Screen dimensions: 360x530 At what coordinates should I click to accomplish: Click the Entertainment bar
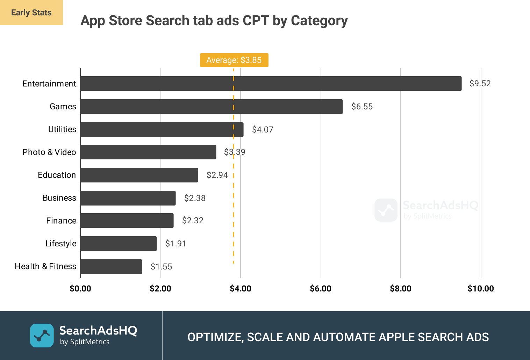point(271,84)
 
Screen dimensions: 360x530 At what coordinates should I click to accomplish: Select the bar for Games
point(212,107)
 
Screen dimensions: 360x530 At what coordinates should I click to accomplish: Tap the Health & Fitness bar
point(111,267)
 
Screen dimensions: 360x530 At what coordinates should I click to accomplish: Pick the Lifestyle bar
point(119,244)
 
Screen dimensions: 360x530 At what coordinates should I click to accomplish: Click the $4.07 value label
point(263,130)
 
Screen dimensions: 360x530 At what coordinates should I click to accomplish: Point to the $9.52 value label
point(480,84)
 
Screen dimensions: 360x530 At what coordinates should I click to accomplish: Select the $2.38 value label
point(195,198)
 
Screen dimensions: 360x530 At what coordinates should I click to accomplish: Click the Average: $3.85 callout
point(234,60)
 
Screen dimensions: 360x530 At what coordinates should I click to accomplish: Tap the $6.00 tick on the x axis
point(321,289)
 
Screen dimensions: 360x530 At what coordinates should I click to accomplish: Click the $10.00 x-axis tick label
point(481,289)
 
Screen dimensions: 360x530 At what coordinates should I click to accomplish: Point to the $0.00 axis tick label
point(80,289)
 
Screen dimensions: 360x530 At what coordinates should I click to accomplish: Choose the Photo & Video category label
point(49,152)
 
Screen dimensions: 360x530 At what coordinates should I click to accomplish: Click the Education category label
point(57,175)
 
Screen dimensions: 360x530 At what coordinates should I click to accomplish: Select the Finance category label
point(61,221)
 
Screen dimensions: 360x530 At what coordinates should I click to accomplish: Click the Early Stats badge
point(31,13)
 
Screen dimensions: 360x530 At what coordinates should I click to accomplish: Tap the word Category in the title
point(319,21)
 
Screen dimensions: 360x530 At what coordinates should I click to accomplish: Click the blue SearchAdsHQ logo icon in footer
point(42,336)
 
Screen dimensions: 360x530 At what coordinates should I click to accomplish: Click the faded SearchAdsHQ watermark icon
point(386,210)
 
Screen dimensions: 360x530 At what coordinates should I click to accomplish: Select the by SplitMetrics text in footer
point(85,342)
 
